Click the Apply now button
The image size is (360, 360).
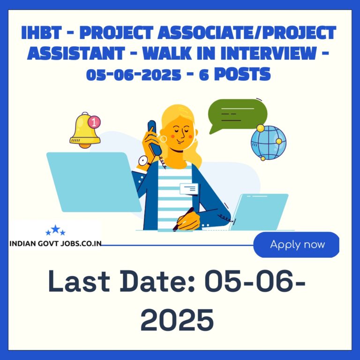pyautogui.click(x=296, y=245)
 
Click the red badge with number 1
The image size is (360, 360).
pyautogui.click(x=94, y=122)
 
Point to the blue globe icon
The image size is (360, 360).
pyautogui.click(x=269, y=142)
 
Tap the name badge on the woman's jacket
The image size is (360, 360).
pyautogui.click(x=189, y=189)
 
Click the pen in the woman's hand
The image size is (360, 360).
pyautogui.click(x=183, y=219)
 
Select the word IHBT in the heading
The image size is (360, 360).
pyautogui.click(x=41, y=33)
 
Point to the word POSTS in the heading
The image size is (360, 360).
pyautogui.click(x=242, y=74)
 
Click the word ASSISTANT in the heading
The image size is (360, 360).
pyautogui.click(x=76, y=53)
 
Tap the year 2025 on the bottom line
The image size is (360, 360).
pyautogui.click(x=177, y=320)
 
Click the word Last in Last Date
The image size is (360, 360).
pyautogui.click(x=79, y=281)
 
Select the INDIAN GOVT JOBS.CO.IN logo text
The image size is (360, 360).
pyautogui.click(x=55, y=243)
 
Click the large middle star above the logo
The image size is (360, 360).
pyautogui.click(x=55, y=229)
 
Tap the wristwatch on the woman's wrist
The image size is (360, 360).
pyautogui.click(x=143, y=161)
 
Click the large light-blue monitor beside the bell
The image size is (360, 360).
pyautogui.click(x=94, y=182)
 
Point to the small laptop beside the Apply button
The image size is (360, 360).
pyautogui.click(x=259, y=212)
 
